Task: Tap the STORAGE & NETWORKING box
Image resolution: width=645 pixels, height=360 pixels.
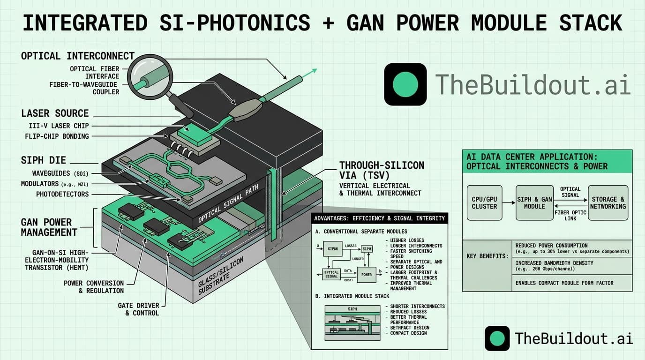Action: (608, 202)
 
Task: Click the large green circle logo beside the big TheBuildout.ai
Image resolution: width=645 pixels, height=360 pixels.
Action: (405, 84)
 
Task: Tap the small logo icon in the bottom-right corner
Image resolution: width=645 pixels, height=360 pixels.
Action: (497, 338)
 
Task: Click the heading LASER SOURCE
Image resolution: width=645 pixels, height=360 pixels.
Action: (55, 113)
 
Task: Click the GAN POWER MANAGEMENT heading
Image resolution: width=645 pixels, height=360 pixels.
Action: (49, 227)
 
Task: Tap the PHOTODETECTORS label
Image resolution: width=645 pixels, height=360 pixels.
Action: (62, 194)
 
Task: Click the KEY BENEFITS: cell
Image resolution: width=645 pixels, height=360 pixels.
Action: (487, 257)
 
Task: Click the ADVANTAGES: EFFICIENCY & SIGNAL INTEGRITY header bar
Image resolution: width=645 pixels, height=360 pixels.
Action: (380, 218)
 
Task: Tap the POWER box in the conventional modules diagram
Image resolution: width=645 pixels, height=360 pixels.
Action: (366, 275)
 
